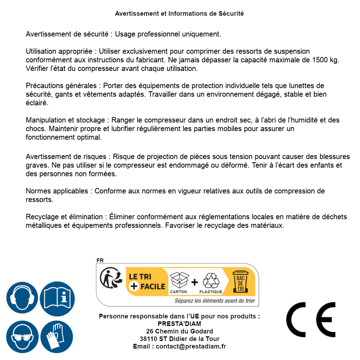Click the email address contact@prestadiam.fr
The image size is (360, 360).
pyautogui.click(x=191, y=346)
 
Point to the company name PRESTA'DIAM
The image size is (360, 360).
pyautogui.click(x=179, y=324)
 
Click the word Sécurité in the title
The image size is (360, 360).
pyautogui.click(x=231, y=14)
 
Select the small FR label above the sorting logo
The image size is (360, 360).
pyautogui.click(x=100, y=260)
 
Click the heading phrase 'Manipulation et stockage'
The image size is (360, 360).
pyautogui.click(x=64, y=120)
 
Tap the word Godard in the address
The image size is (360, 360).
pyautogui.click(x=202, y=331)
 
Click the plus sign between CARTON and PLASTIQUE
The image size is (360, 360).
pyautogui.click(x=195, y=282)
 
